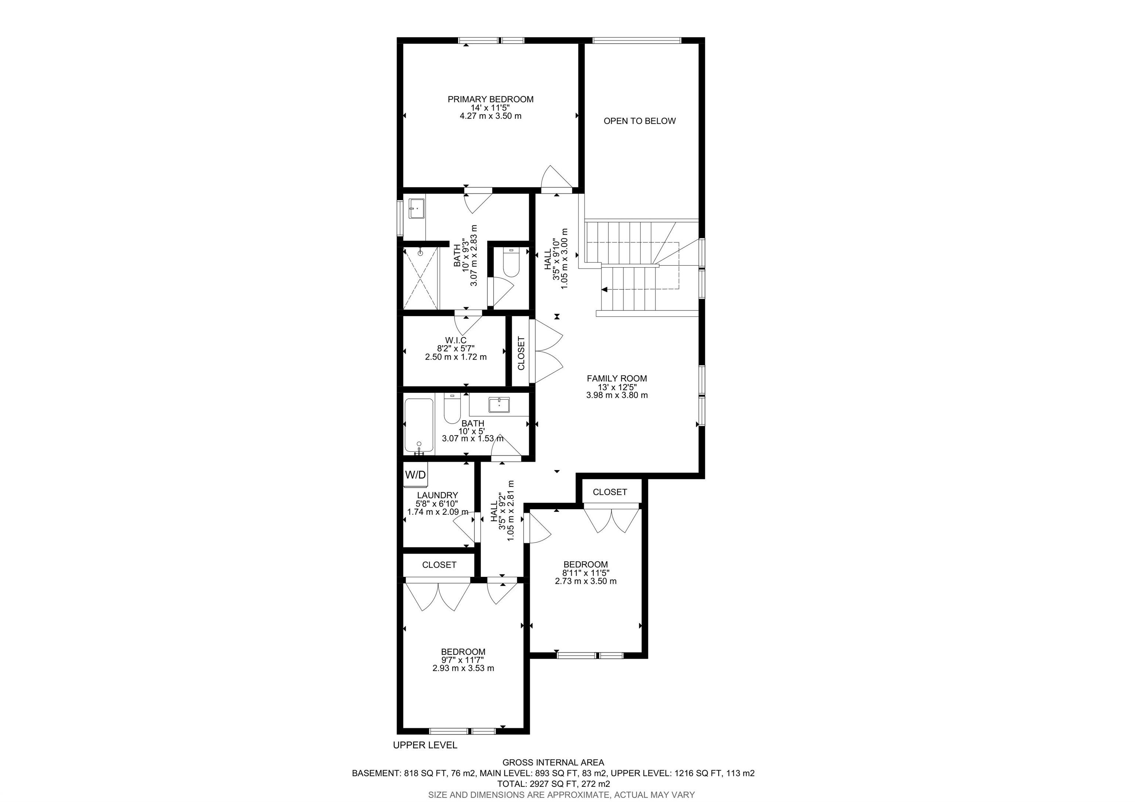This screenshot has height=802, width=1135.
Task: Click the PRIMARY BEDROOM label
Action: [x=490, y=99]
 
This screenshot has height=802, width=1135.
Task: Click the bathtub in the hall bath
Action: [x=419, y=425]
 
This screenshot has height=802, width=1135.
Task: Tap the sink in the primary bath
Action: [x=416, y=208]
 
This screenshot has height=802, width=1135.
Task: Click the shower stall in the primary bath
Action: [x=421, y=278]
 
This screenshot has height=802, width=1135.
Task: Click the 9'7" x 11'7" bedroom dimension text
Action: [x=463, y=660]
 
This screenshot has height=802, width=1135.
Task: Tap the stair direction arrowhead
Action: [x=604, y=290]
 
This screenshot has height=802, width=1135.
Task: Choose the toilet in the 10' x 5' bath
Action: [x=452, y=408]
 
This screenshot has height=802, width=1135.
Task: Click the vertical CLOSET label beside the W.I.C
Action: [x=521, y=353]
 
